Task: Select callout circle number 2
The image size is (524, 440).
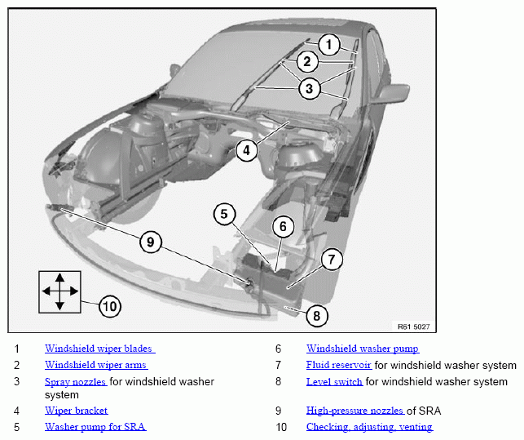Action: (x=307, y=61)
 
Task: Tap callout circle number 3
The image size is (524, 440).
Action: (x=308, y=88)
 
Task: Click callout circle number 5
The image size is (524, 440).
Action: (x=225, y=215)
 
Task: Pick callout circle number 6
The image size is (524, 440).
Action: (x=282, y=226)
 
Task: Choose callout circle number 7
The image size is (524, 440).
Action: (x=332, y=260)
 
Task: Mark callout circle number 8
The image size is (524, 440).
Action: (x=316, y=314)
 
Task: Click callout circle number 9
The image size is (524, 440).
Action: (x=150, y=242)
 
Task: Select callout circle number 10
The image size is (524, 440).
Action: (x=109, y=307)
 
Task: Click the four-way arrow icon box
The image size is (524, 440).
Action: (x=59, y=291)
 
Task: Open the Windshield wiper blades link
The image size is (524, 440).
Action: (x=99, y=349)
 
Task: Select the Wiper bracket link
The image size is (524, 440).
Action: (x=76, y=411)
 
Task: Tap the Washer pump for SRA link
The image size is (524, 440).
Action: (x=95, y=427)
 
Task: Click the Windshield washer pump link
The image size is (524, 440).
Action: (x=363, y=349)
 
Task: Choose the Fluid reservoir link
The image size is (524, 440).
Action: (x=339, y=365)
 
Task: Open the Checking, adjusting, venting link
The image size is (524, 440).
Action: (x=369, y=427)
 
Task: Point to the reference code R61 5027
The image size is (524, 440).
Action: (x=413, y=327)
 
